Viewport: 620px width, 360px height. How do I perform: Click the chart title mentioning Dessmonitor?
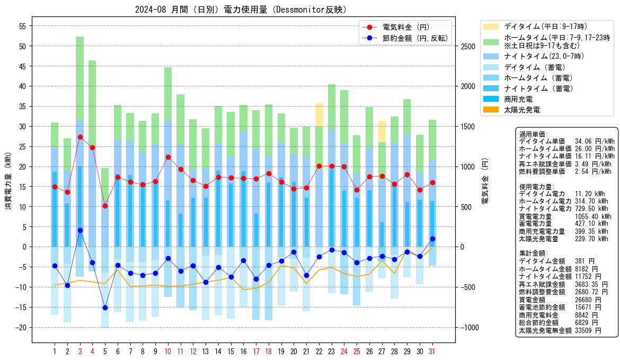(x=241, y=10)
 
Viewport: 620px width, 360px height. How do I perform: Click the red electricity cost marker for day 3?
(x=80, y=137)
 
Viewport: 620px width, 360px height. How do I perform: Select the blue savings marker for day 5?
(x=105, y=308)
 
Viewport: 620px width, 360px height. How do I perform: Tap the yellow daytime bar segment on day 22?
(x=319, y=115)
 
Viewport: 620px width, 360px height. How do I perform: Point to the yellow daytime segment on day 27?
(x=382, y=131)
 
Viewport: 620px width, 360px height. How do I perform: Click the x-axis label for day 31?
(x=432, y=352)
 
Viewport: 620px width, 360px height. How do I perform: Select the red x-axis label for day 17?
(x=256, y=352)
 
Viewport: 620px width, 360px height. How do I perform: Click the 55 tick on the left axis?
(x=23, y=26)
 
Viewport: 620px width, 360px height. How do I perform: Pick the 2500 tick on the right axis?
(x=468, y=46)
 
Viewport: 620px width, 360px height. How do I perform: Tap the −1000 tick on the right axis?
(x=470, y=328)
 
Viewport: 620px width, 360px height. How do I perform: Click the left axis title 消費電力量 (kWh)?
(x=8, y=181)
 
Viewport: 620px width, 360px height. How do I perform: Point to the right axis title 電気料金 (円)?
(x=485, y=181)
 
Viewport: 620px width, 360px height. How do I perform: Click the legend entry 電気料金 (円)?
(x=406, y=27)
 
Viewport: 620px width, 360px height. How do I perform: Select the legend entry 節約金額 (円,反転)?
(x=415, y=38)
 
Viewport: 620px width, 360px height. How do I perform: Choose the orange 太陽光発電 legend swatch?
(x=491, y=110)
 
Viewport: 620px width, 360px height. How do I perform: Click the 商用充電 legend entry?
(x=518, y=99)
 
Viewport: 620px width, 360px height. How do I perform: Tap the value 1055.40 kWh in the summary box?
(x=593, y=216)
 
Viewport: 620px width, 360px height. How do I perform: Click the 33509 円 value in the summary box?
(x=588, y=330)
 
